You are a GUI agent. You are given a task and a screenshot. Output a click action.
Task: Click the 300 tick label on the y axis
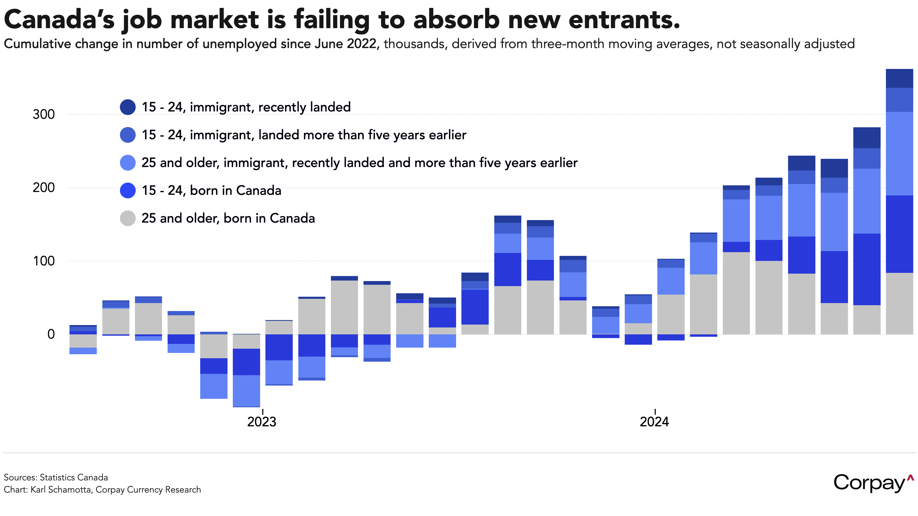(x=43, y=114)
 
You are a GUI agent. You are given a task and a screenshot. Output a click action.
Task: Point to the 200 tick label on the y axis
(x=43, y=187)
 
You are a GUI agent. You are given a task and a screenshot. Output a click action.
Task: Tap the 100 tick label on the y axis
(x=43, y=261)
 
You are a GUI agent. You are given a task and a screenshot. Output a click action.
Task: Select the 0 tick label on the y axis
(x=51, y=334)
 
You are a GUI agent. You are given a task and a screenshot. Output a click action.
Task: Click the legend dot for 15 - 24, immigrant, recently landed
(x=128, y=107)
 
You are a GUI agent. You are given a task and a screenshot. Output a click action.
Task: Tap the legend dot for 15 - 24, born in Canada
(x=128, y=190)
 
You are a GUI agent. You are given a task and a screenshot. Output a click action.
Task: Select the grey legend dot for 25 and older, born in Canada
(x=128, y=218)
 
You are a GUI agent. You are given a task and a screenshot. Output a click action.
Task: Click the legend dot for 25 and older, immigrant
(x=128, y=163)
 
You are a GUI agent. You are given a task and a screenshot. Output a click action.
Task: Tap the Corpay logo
(x=873, y=483)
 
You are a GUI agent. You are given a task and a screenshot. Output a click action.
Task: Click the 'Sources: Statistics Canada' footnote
(x=56, y=478)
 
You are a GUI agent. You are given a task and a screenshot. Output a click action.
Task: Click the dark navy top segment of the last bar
(x=899, y=78)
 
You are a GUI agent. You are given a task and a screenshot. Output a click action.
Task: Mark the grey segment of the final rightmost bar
(x=899, y=304)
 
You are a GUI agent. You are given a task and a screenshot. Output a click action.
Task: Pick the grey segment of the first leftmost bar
(x=83, y=341)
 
